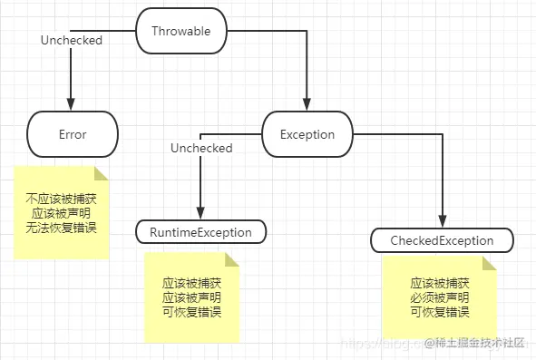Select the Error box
pos(73,134)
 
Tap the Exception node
pos(308,134)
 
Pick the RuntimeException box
pos(201,232)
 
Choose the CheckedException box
pos(442,240)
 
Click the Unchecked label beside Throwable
pos(72,41)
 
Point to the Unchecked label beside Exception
pos(201,148)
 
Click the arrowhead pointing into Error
pos(73,106)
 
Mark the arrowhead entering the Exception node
pos(308,106)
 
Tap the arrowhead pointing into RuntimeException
pos(201,215)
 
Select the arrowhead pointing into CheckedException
pos(442,223)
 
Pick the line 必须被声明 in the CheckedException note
pos(439,297)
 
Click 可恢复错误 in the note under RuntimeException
pos(191,311)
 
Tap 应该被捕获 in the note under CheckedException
pos(439,283)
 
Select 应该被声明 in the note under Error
pos(63,212)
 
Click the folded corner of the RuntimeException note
pos(231,260)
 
